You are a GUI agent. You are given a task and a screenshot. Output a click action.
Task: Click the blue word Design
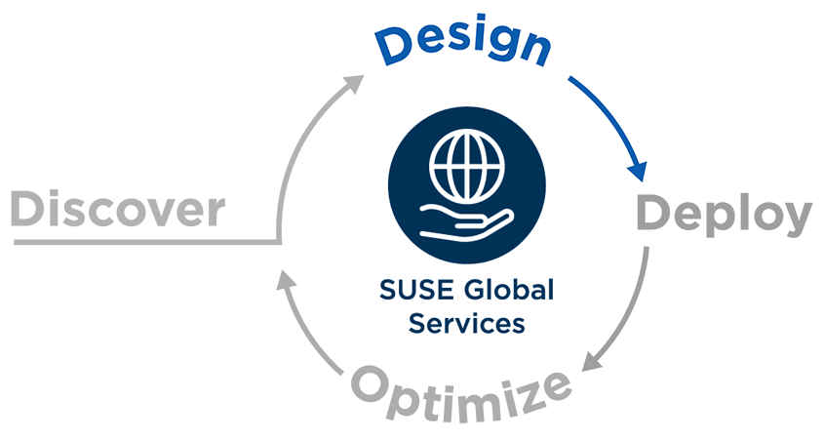pyautogui.click(x=463, y=45)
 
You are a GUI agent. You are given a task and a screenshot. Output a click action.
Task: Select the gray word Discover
pyautogui.click(x=118, y=209)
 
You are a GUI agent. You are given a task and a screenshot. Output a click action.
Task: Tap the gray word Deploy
pyautogui.click(x=725, y=215)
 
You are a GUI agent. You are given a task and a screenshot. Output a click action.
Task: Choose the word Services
pyautogui.click(x=467, y=323)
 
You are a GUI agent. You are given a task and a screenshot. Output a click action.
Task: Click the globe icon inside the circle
pyautogui.click(x=467, y=166)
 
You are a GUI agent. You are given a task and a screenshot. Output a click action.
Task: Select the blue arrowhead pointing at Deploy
pyautogui.click(x=638, y=171)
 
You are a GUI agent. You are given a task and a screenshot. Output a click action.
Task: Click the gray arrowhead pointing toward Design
pyautogui.click(x=353, y=83)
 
